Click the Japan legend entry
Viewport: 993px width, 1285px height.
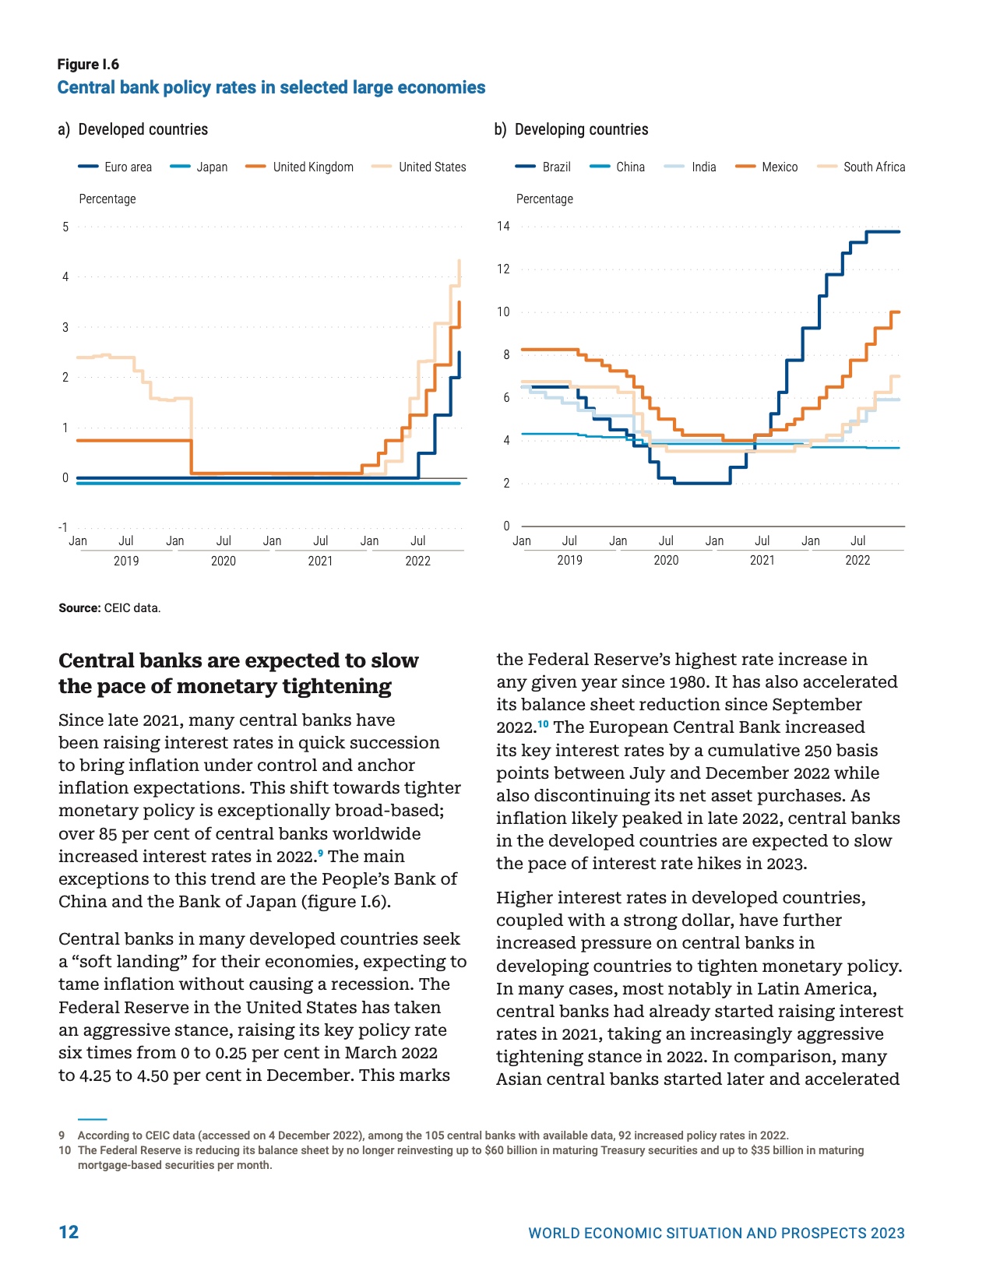click(211, 167)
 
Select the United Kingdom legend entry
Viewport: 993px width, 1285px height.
click(312, 167)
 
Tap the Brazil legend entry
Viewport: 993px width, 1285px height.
click(556, 167)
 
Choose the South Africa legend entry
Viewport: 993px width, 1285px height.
click(874, 167)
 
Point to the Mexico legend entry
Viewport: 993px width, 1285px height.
click(779, 167)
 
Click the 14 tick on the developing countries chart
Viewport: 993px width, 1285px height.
click(503, 227)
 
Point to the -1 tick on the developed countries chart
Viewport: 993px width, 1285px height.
click(63, 527)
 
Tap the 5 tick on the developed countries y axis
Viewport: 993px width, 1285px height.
click(65, 227)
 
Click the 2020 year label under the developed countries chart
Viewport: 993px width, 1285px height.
click(224, 561)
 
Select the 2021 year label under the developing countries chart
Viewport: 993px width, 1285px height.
click(762, 560)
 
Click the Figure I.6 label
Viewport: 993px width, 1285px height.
click(88, 65)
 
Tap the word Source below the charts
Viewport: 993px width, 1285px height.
click(79, 608)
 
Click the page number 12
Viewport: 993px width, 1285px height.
click(69, 1231)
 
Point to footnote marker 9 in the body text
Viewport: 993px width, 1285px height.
click(320, 853)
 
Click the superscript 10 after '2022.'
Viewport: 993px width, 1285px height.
click(543, 724)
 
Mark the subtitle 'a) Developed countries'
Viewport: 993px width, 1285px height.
click(133, 129)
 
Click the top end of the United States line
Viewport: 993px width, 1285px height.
click(460, 261)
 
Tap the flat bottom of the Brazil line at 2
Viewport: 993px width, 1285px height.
click(702, 483)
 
